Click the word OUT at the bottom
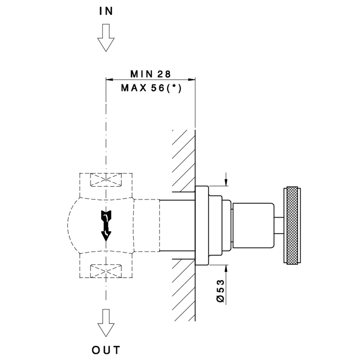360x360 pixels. pyautogui.click(x=106, y=350)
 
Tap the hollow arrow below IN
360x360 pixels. pyautogui.click(x=106, y=39)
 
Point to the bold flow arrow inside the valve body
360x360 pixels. pyautogui.click(x=106, y=225)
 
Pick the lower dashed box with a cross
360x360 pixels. pyautogui.click(x=106, y=269)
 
